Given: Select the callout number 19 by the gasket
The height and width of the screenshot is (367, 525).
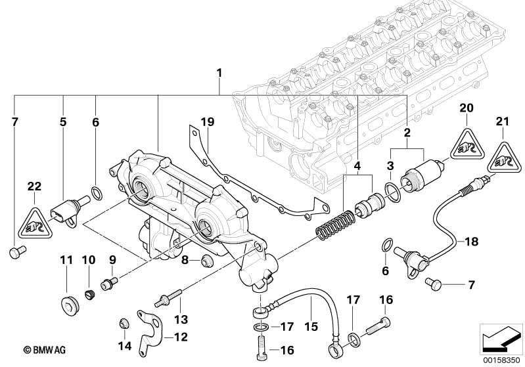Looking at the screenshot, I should point(208,122).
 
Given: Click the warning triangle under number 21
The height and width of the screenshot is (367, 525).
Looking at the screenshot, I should point(503,152).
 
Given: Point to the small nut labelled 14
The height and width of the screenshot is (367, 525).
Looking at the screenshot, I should point(122,322).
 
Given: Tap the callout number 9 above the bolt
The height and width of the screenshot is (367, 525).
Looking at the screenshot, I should point(112,259).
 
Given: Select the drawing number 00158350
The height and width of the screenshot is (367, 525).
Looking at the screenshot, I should point(501,360).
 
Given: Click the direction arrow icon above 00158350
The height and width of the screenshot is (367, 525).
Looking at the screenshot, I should point(501,339).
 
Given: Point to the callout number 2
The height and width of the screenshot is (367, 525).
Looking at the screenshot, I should point(407,133).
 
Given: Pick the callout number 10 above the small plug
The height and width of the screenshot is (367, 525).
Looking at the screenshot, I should point(89,260).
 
